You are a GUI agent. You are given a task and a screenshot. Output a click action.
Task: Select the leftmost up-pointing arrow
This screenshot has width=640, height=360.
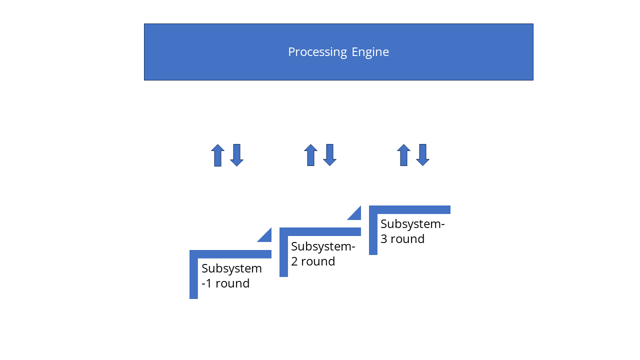[217, 155]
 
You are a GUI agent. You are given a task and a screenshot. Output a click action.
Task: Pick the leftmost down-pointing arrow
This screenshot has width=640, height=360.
[236, 155]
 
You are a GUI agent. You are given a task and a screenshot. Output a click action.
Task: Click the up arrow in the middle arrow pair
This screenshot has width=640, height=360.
[310, 155]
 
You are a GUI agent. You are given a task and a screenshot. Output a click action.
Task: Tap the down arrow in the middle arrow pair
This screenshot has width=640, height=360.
[329, 155]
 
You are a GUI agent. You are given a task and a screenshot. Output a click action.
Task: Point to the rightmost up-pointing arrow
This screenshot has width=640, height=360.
[403, 155]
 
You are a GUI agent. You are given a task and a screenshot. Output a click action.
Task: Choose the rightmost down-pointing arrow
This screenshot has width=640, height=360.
[422, 155]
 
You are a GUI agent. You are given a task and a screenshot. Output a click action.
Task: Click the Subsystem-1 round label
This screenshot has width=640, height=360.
[231, 276]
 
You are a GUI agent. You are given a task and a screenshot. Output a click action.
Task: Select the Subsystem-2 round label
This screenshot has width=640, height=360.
[322, 254]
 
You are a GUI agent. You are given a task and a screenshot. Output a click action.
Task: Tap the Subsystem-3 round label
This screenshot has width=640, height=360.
[412, 231]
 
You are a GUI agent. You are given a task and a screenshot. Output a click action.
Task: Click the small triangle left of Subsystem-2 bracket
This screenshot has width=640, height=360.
[266, 236]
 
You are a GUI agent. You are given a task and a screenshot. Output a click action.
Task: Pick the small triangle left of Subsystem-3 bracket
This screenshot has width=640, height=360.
[356, 214]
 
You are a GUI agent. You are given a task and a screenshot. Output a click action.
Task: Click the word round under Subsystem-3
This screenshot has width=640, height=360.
[407, 239]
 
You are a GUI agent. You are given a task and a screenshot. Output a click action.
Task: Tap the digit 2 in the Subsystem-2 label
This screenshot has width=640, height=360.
[294, 261]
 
